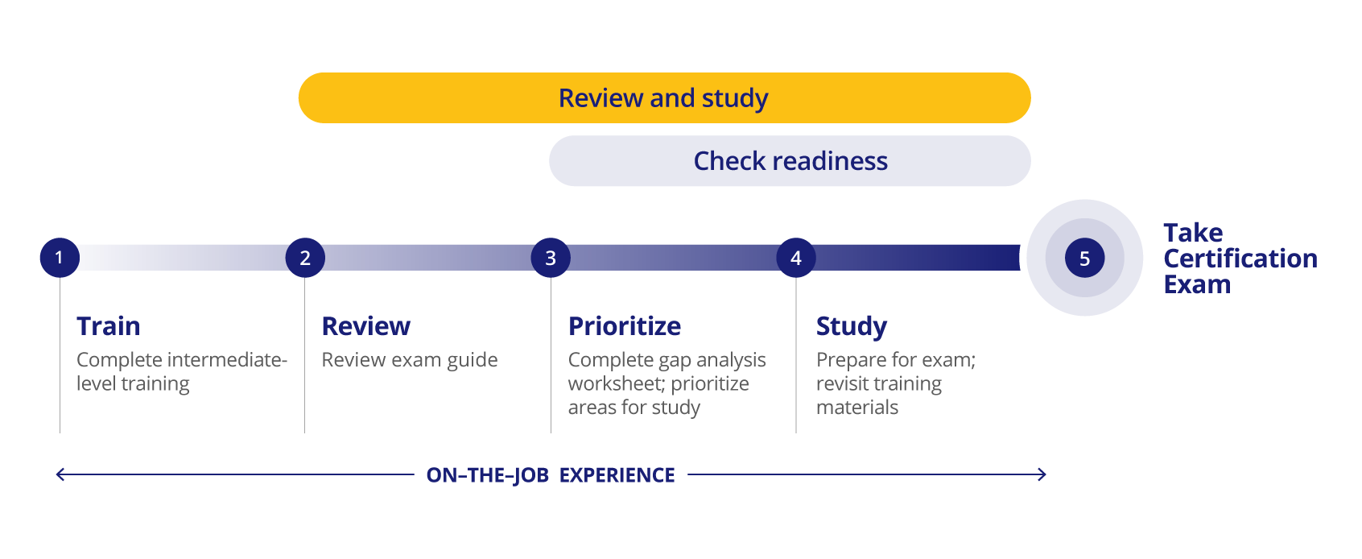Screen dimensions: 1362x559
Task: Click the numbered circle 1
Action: [x=60, y=258]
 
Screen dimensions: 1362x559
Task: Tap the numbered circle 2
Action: [x=305, y=258]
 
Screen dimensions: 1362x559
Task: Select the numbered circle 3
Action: [x=551, y=258]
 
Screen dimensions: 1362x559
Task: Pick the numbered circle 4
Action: [x=796, y=258]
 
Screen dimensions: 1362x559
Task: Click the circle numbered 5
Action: [x=1085, y=258]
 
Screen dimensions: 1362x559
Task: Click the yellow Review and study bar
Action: [x=665, y=98]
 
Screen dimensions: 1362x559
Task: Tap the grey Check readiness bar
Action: [x=790, y=160]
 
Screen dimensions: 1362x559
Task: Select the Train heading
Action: [x=108, y=326]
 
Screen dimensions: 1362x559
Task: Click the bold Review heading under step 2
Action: [x=366, y=326]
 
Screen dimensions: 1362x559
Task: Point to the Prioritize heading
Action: [x=625, y=326]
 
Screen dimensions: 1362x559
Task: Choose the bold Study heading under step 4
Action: [x=852, y=327]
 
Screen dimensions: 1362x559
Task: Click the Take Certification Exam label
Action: [x=1240, y=259]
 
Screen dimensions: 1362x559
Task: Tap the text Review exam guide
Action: [x=409, y=360]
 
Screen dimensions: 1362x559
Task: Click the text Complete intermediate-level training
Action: [x=182, y=371]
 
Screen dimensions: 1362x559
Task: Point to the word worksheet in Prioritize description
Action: [x=615, y=384]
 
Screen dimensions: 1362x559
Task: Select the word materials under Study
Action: [x=856, y=408]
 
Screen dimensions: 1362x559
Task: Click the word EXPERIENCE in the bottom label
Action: [x=617, y=475]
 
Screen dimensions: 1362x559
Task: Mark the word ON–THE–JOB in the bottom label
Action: [x=488, y=475]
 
